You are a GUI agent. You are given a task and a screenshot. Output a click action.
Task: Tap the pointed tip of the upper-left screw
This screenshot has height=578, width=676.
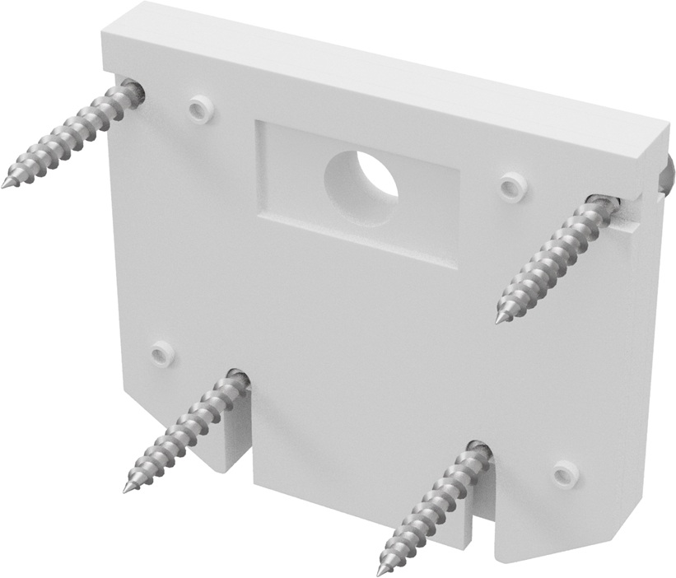coord(5,184)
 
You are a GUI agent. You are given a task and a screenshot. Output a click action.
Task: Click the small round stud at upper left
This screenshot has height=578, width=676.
coord(198,107)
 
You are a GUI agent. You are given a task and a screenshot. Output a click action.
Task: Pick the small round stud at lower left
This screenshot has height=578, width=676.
coord(161,353)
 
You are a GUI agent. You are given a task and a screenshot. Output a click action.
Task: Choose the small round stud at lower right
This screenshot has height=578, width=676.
coord(565,473)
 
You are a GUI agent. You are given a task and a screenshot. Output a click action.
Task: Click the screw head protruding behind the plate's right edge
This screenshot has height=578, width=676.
coord(668,179)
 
